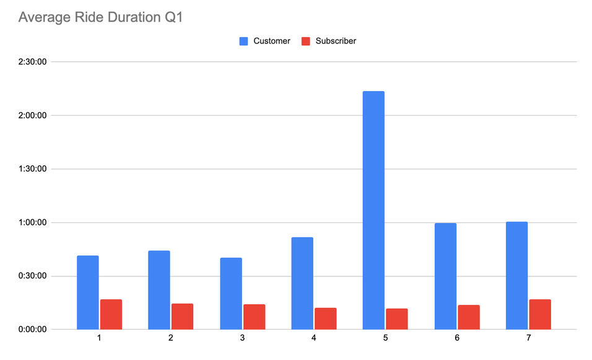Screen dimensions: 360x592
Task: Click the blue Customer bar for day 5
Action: point(373,210)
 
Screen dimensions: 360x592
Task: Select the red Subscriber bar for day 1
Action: point(111,314)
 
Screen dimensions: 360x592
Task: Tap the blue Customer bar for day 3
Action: point(231,293)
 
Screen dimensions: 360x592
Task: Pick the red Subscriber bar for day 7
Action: point(540,314)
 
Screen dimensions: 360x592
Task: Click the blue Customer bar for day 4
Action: point(302,283)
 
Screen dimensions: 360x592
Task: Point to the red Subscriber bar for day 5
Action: point(397,318)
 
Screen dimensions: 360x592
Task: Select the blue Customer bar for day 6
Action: point(445,276)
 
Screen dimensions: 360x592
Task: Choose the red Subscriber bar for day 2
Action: point(183,316)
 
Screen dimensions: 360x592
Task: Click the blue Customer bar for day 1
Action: point(88,292)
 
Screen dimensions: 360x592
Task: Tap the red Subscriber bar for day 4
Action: point(326,318)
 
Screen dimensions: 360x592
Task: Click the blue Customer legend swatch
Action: point(244,41)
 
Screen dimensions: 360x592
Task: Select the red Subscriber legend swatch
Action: point(305,41)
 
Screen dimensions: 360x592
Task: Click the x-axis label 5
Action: point(385,338)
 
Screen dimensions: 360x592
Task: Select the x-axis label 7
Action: point(528,338)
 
